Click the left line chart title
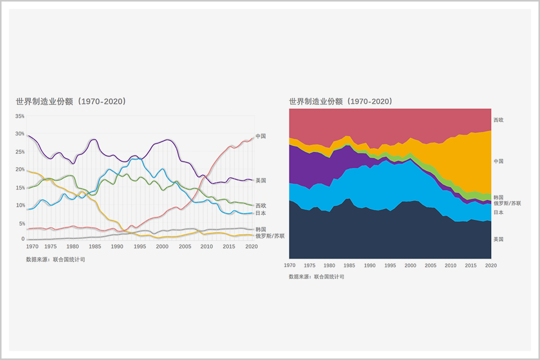[71, 101]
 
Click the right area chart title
[341, 101]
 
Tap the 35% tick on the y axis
[20, 116]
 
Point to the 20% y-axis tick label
[20, 169]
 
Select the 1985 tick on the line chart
[95, 246]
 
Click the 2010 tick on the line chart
[206, 246]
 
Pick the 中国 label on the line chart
[261, 136]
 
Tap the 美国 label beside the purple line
[261, 180]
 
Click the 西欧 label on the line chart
[261, 206]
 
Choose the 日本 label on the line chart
[261, 213]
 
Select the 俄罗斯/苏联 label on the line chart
[270, 236]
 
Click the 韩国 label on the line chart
[261, 229]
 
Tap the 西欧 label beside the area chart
[498, 119]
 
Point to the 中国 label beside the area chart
[498, 161]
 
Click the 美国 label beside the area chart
[498, 239]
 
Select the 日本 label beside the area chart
[498, 212]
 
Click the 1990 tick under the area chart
[370, 266]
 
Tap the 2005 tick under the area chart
[430, 266]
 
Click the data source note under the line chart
[56, 260]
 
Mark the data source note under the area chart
[316, 277]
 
